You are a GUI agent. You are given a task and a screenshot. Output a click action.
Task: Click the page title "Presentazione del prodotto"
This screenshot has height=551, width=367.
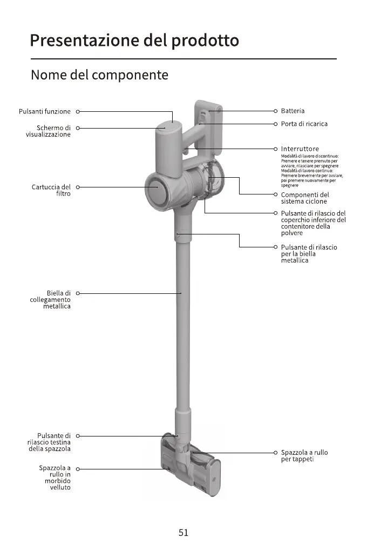tap(134, 41)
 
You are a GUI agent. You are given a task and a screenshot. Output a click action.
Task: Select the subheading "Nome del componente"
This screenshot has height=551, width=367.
tap(99, 75)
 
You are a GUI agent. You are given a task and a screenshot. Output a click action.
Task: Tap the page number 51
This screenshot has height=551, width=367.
tap(183, 533)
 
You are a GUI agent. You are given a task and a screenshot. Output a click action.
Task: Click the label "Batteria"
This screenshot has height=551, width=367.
tap(293, 111)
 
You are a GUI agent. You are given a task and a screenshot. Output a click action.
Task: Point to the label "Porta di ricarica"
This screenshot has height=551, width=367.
tap(304, 124)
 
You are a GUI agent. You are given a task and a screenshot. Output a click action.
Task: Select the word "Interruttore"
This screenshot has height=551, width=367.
tap(300, 149)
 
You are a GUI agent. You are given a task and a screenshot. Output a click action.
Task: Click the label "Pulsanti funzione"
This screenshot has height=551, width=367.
tap(45, 111)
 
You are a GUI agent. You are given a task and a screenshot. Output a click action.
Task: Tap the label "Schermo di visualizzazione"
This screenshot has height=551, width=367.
tap(49, 131)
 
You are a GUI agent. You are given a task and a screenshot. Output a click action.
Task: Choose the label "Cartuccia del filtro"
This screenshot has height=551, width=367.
tap(51, 190)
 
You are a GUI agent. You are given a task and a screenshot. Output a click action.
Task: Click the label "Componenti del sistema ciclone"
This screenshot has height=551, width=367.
tap(305, 198)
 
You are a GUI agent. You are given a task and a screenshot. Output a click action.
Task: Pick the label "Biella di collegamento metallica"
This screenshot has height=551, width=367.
tap(50, 299)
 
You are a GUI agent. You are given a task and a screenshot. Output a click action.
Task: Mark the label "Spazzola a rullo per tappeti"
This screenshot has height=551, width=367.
tap(304, 455)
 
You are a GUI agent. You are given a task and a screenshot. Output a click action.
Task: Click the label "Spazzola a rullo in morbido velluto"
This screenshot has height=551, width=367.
tap(55, 478)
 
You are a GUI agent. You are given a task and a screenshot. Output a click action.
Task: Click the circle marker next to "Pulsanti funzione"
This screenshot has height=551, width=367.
tap(78, 111)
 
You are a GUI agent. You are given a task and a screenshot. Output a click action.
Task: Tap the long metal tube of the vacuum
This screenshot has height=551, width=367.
tap(182, 324)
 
